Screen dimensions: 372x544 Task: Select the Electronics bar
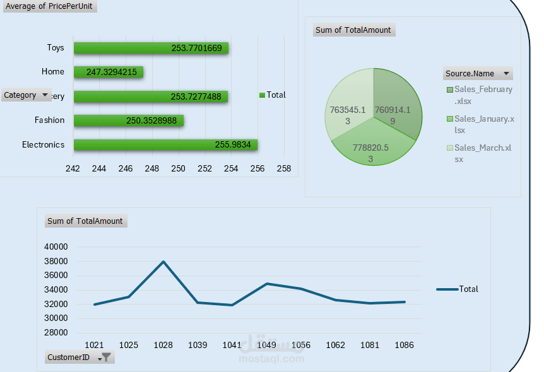click(165, 145)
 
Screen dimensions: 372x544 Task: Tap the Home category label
click(53, 72)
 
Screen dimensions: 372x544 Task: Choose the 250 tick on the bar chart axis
click(178, 168)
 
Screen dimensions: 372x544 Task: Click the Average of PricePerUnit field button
click(49, 7)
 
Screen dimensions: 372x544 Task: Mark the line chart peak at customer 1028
click(163, 261)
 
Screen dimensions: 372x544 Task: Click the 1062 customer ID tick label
click(335, 345)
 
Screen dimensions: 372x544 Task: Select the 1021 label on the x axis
click(94, 345)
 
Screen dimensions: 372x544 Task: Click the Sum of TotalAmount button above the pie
click(353, 30)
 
